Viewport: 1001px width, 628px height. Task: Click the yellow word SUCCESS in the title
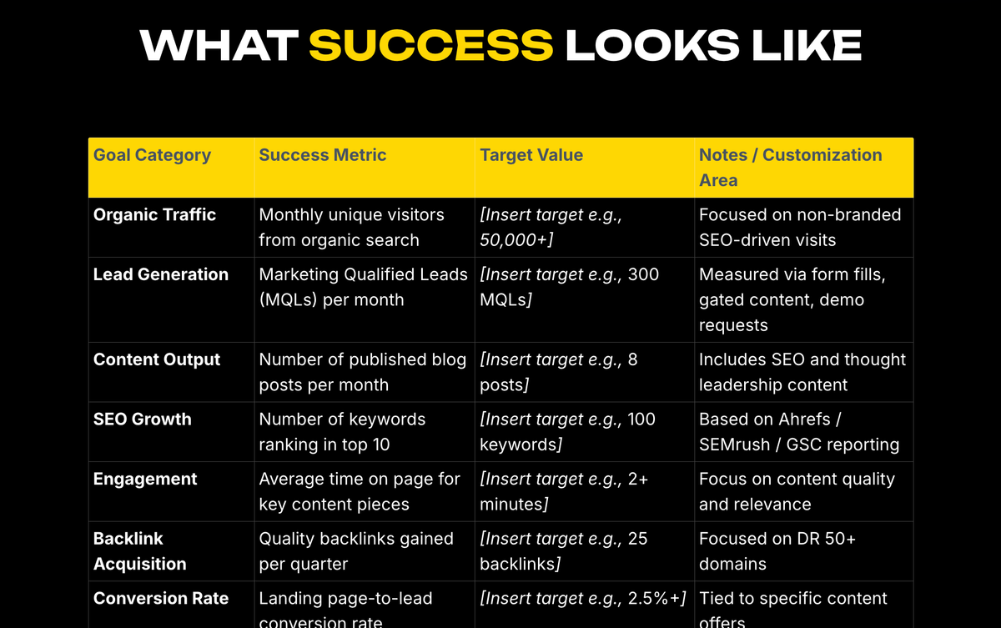[x=430, y=46]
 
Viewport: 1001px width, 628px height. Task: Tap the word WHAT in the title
[x=219, y=46]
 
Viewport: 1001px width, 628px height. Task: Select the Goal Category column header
[x=152, y=155]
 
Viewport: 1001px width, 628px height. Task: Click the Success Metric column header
[x=323, y=155]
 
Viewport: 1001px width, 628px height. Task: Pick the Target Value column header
[x=531, y=155]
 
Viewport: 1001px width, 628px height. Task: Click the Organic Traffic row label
[x=154, y=215]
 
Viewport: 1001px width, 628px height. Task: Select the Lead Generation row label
[x=160, y=275]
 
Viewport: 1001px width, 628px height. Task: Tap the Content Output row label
[x=157, y=360]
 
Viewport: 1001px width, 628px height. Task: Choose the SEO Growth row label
[x=143, y=420]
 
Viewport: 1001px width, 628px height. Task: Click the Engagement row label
[x=145, y=480]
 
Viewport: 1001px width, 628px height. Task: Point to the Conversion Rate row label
[x=160, y=599]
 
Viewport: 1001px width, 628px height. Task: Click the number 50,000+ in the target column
[x=516, y=240]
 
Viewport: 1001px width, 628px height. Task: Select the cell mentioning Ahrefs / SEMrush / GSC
[x=798, y=432]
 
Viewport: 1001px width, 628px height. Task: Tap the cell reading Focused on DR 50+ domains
[x=777, y=551]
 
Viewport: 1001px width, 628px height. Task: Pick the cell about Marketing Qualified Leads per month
[x=363, y=287]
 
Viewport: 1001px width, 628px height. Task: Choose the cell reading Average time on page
[x=359, y=491]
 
